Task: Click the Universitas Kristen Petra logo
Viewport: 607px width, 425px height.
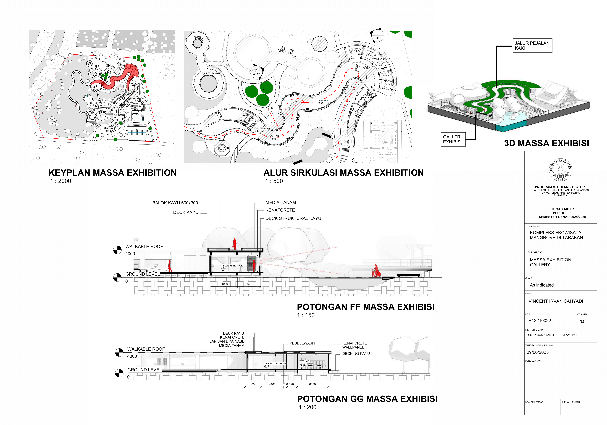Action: [560, 170]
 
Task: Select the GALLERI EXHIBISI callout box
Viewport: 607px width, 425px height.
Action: [453, 139]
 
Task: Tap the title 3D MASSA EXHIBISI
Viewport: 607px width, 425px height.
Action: [546, 143]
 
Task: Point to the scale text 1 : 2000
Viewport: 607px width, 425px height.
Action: [61, 181]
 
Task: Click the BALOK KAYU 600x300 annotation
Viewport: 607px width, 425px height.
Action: [175, 203]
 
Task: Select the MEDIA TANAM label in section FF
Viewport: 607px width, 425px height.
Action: [280, 202]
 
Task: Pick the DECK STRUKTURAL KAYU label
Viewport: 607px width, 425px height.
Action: [293, 218]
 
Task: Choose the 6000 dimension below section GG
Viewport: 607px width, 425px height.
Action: [312, 384]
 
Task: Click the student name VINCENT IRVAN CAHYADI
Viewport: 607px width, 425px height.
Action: [556, 301]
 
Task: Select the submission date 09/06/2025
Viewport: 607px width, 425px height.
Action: [537, 352]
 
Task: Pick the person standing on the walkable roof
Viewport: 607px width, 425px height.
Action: [234, 244]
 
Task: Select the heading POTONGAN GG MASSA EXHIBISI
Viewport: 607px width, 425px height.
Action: [367, 399]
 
